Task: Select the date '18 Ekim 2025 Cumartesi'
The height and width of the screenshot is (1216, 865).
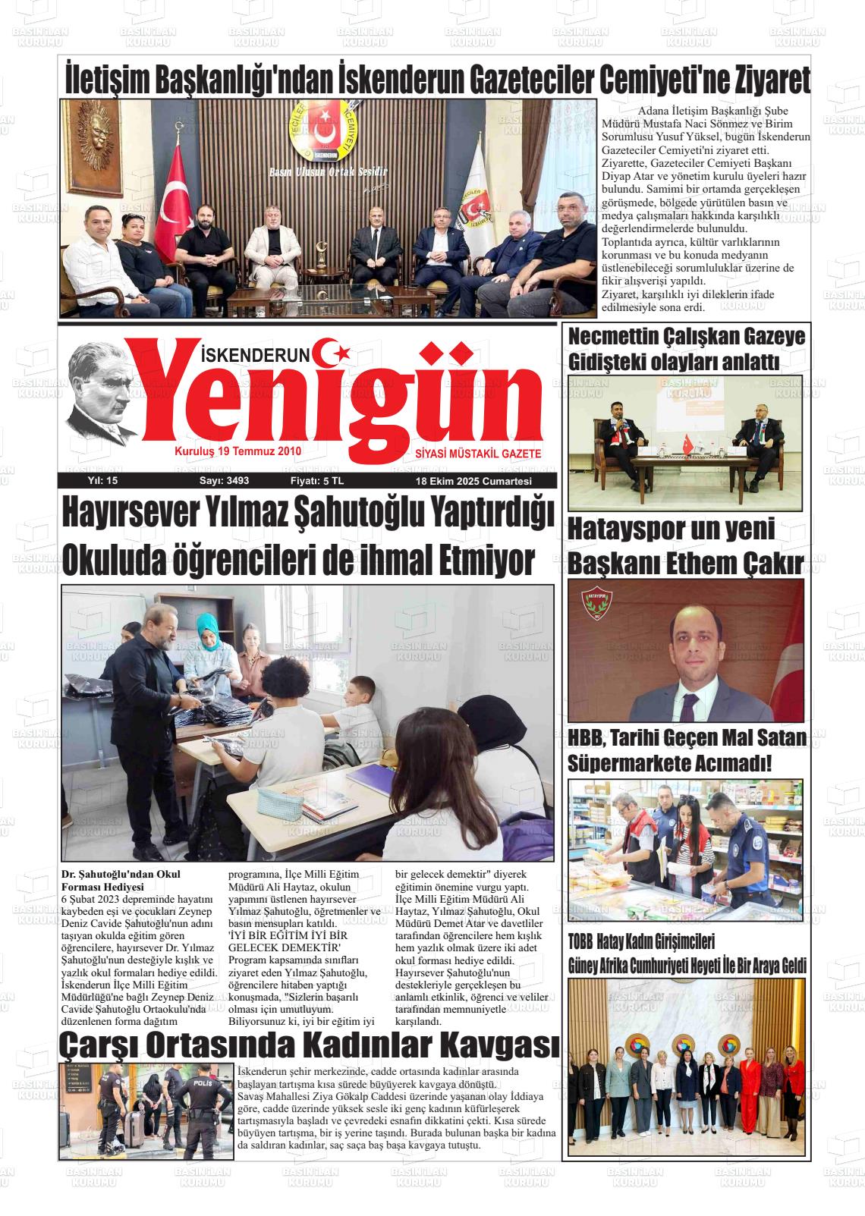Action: click(473, 482)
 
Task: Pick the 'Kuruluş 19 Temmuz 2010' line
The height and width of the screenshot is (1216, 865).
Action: click(238, 451)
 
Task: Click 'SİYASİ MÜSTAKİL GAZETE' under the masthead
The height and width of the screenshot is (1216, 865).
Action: click(478, 453)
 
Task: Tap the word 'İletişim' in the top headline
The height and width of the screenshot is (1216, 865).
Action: click(107, 79)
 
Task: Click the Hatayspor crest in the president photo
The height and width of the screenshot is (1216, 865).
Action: click(596, 602)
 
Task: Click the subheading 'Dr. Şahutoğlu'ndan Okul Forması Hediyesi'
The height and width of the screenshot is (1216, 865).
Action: click(121, 879)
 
